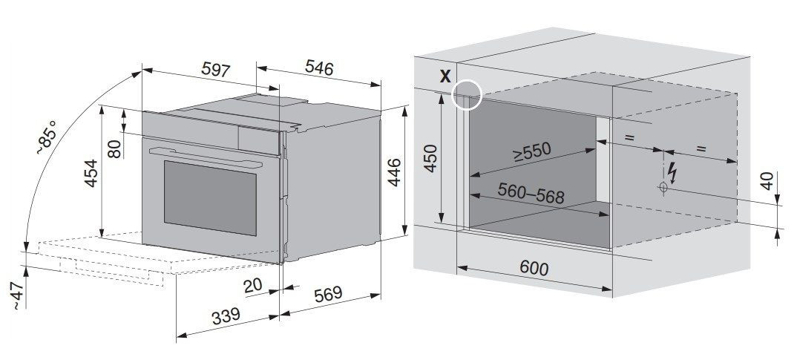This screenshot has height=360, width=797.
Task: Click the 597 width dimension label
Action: point(216,69)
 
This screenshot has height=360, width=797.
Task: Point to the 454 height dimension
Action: point(91,174)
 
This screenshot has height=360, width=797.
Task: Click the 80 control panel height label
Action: point(115,149)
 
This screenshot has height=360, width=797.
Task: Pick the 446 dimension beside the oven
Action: point(394,172)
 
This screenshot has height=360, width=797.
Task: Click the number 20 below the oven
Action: point(253,287)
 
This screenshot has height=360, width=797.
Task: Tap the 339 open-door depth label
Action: point(226,316)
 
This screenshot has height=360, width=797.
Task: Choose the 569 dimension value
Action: point(328,295)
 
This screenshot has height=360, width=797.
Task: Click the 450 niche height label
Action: point(430,158)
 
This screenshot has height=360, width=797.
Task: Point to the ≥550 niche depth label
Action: point(531,151)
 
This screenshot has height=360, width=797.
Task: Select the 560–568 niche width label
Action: point(531,193)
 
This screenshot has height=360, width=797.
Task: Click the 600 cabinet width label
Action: point(534,267)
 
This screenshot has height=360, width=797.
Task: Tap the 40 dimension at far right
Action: point(767,181)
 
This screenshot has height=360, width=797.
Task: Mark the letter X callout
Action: point(445,76)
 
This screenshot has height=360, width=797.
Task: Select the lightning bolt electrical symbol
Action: point(672,173)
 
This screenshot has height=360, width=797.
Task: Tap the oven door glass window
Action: point(210,197)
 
